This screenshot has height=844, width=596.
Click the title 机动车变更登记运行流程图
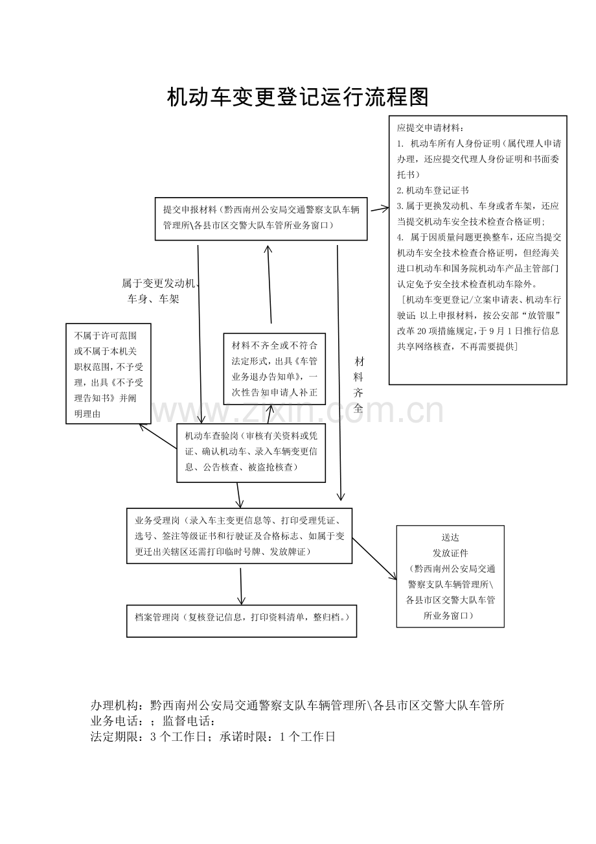point(298,98)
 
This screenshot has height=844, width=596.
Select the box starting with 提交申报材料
point(261,218)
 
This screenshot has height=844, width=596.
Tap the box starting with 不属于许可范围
point(108,373)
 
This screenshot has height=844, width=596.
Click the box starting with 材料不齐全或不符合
point(275,369)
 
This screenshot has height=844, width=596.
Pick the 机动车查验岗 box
point(251,453)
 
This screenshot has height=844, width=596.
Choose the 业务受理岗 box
point(240,536)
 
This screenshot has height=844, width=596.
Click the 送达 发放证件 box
point(450,576)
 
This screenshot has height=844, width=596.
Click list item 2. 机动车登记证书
point(433,191)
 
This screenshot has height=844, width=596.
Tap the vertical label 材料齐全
point(359,384)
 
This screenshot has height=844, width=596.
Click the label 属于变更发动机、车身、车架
point(159,291)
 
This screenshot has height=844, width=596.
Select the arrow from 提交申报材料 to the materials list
point(380,209)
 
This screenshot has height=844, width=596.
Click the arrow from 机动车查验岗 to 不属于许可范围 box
point(158,436)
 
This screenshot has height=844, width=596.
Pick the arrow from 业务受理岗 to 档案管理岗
point(241,586)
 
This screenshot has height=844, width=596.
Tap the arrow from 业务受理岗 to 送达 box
point(374,559)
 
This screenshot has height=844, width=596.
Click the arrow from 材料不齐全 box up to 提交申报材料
point(269,284)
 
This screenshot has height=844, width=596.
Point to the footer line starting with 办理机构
point(297,705)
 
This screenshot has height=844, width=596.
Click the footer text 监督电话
point(189,721)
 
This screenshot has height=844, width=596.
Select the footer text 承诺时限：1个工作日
point(277,736)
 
